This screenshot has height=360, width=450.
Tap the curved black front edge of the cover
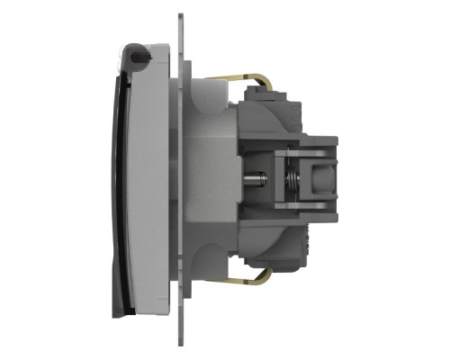pyautogui.click(x=116, y=180)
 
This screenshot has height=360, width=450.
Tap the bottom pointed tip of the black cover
pyautogui.click(x=115, y=314)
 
